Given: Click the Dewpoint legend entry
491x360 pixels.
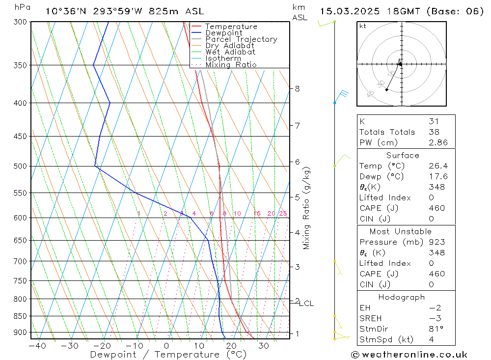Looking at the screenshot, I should [223, 33].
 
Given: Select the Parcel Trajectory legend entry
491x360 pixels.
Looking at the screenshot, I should [241, 39].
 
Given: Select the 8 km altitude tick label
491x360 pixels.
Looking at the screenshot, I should [298, 89].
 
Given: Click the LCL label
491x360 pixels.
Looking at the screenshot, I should [306, 304].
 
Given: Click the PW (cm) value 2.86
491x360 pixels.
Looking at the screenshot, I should [434, 142].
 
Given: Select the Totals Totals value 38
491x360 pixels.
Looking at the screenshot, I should [434, 132].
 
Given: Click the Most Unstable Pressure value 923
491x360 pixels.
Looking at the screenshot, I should [434, 242].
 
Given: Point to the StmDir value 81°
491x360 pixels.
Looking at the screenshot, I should [434, 329].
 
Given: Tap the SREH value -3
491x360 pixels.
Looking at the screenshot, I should [434, 318].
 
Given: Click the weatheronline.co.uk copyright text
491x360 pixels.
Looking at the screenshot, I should [409, 355].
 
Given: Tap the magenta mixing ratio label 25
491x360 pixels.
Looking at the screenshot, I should [283, 214].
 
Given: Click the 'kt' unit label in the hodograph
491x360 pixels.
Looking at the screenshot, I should [363, 26].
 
